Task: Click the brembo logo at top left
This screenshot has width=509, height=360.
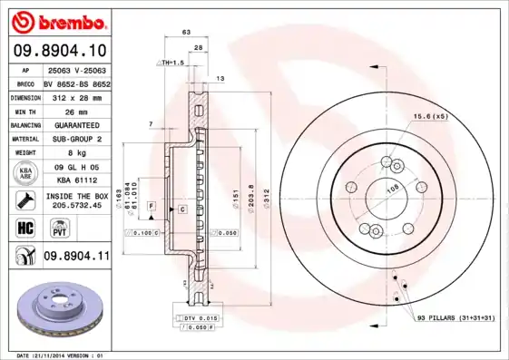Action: coord(57,20)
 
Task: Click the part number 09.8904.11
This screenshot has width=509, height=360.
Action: coord(76,258)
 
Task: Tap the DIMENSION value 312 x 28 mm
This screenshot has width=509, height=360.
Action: coord(76,95)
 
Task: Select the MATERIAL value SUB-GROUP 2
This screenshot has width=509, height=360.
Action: coord(76,138)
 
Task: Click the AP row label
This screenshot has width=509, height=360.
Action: coord(25,69)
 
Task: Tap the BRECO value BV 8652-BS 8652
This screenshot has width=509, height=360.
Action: coord(76,82)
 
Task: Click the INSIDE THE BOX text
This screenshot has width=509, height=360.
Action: coord(76,194)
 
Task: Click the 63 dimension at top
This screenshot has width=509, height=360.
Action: coord(187,32)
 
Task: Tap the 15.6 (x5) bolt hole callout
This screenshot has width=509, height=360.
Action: coord(431,116)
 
